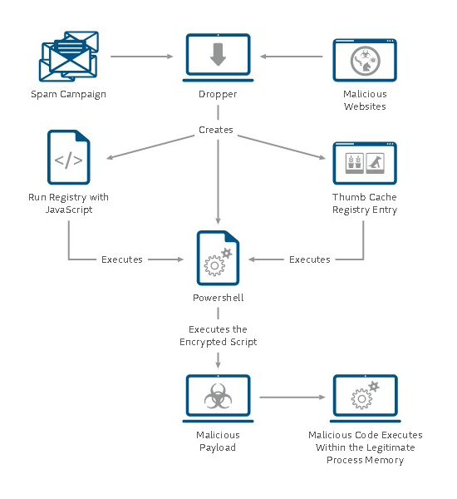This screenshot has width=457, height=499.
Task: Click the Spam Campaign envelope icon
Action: tap(69, 56)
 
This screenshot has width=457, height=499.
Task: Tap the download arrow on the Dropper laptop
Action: tap(218, 54)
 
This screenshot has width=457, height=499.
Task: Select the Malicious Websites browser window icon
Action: tap(365, 60)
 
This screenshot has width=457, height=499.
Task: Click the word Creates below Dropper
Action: tap(216, 130)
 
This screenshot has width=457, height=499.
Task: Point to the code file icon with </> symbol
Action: tap(69, 157)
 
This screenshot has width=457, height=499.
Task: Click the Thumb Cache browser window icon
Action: tap(365, 163)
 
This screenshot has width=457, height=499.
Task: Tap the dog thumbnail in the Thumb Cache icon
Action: tap(376, 163)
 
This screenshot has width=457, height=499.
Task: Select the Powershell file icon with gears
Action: tap(219, 258)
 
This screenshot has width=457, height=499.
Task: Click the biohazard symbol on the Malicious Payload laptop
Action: tap(218, 396)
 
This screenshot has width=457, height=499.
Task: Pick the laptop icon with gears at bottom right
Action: tap(365, 398)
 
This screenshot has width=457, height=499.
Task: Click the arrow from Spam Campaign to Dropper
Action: tap(142, 57)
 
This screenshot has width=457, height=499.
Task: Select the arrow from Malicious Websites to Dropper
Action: tap(292, 57)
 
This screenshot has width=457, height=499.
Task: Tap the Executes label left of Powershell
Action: tap(122, 259)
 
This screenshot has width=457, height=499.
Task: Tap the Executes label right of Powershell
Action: tap(309, 259)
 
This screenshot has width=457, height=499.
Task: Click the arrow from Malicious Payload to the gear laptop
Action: tap(292, 398)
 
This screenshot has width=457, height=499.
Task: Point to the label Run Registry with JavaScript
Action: tap(69, 204)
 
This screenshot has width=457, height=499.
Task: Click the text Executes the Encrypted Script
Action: tap(219, 335)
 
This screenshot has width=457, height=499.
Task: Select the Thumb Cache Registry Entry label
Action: tap(365, 204)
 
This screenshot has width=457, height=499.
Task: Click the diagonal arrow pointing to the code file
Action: tap(150, 146)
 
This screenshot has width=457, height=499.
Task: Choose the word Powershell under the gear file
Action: tap(219, 298)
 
